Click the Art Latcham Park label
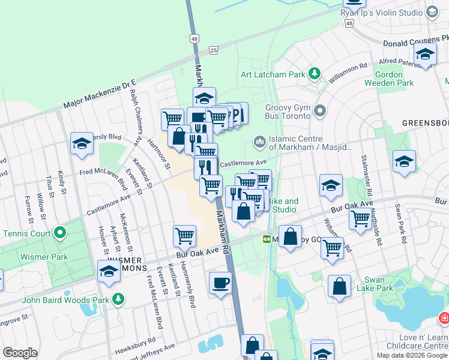click(273, 74)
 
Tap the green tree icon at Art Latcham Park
click(314, 74)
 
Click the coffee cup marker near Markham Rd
click(220, 282)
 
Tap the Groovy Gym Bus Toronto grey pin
click(320, 110)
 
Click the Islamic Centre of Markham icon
click(260, 141)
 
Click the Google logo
click(20, 353)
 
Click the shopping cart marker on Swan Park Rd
click(360, 218)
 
